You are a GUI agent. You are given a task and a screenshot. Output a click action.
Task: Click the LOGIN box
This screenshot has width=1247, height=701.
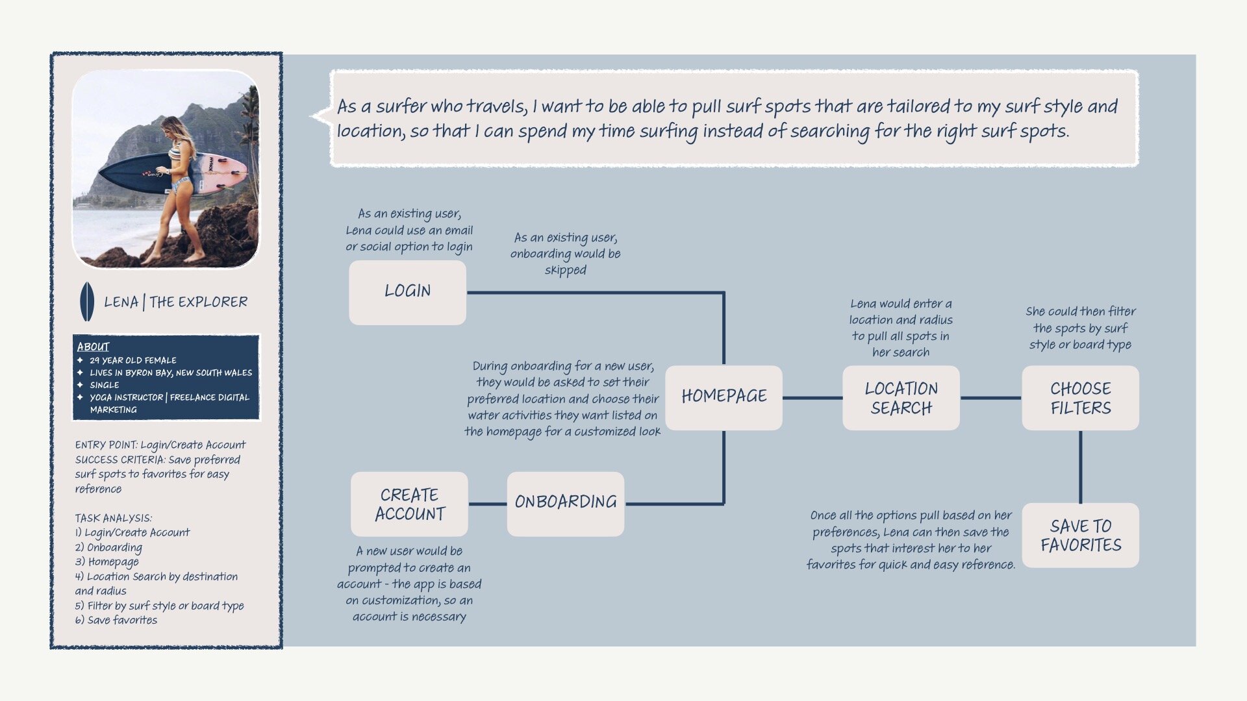[407, 292]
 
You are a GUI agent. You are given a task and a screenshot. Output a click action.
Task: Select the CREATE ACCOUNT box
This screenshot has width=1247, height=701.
[409, 504]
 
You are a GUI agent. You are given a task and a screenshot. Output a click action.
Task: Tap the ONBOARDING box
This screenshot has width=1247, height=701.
[565, 503]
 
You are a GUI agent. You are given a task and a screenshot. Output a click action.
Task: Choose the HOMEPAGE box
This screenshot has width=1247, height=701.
[724, 397]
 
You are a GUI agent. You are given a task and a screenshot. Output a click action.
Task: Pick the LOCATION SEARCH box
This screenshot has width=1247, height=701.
[901, 398]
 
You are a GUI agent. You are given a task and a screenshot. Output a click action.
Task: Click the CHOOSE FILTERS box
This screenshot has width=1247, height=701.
[1080, 398]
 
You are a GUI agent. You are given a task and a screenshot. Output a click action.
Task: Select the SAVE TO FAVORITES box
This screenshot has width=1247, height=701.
[1080, 535]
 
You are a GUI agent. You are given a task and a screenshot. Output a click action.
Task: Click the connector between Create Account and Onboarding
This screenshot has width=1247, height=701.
[487, 504]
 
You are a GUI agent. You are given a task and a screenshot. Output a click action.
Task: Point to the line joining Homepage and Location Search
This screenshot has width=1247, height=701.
[812, 398]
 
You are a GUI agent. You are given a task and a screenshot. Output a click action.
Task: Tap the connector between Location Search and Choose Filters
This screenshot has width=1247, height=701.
[990, 398]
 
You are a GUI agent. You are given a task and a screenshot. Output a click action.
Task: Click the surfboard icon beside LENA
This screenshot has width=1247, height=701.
[86, 302]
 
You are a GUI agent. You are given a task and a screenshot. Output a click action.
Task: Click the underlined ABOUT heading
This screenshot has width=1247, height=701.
[93, 347]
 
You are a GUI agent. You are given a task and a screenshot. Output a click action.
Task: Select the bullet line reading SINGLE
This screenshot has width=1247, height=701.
[104, 385]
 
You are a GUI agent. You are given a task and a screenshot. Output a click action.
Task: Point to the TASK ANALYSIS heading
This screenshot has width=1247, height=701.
[113, 518]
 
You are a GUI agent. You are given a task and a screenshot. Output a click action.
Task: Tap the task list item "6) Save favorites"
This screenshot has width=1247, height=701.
[116, 621]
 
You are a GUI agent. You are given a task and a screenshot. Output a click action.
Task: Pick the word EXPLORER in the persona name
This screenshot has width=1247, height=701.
[212, 302]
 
